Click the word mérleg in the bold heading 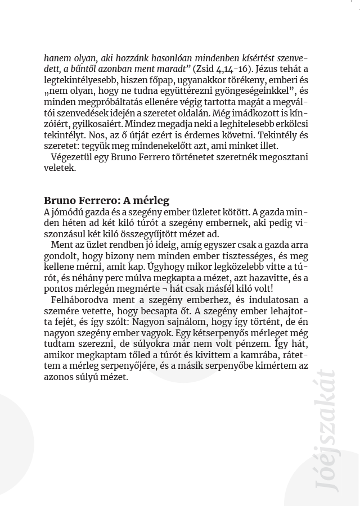tap(152, 201)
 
